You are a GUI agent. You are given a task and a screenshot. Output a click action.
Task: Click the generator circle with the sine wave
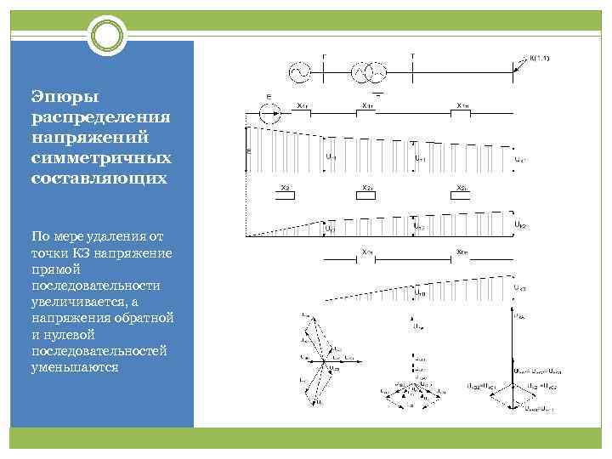tap(299, 74)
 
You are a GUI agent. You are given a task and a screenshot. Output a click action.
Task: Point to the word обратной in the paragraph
tap(146, 317)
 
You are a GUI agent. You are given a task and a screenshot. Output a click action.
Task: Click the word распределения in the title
tap(100, 116)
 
